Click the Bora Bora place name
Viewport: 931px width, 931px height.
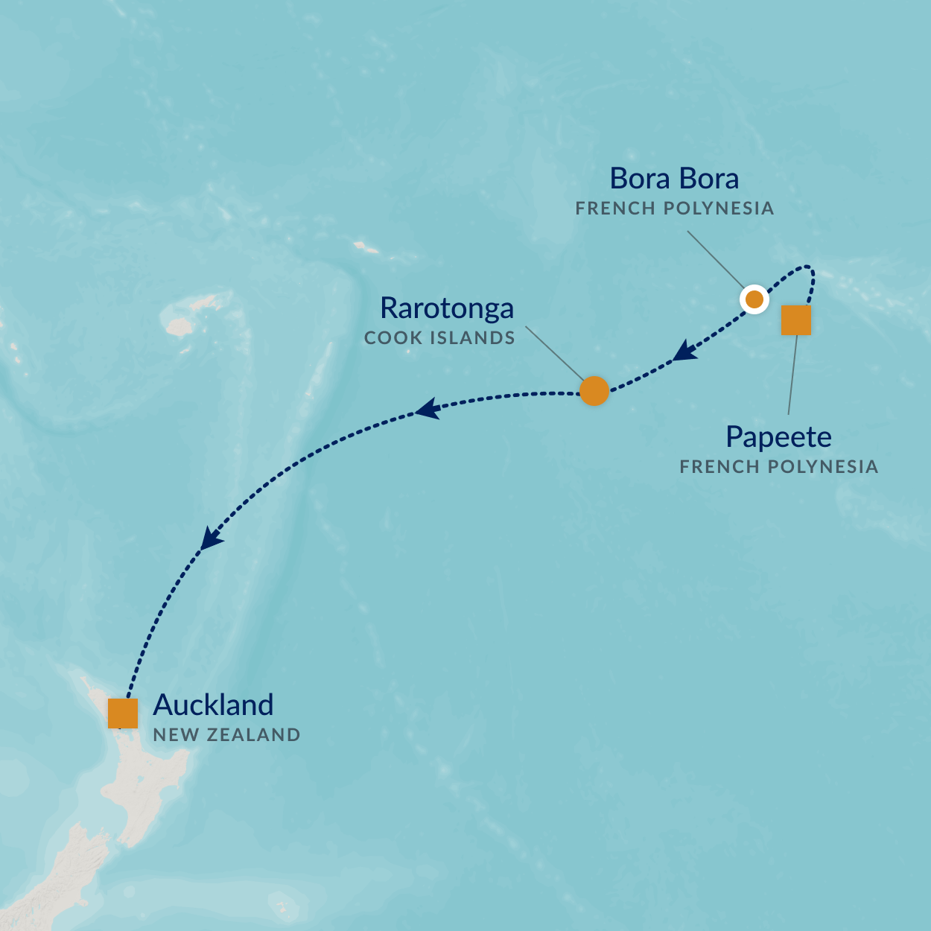coord(674,179)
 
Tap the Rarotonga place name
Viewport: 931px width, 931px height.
coord(447,308)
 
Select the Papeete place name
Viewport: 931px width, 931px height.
coord(778,437)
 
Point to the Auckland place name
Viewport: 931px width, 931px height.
coord(213,705)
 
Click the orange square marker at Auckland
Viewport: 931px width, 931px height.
coord(123,713)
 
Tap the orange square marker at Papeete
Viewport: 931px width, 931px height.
coord(795,320)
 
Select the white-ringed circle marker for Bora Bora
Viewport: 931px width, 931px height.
coord(754,299)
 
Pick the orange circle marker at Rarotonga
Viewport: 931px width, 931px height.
coord(594,390)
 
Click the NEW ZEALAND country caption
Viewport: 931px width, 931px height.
coord(226,735)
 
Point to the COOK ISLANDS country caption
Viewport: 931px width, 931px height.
coord(439,338)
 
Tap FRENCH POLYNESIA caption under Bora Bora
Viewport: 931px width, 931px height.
coord(675,209)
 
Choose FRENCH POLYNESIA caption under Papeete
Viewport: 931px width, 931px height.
coord(779,467)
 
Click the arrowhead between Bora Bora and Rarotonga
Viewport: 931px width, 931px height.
coord(684,351)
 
